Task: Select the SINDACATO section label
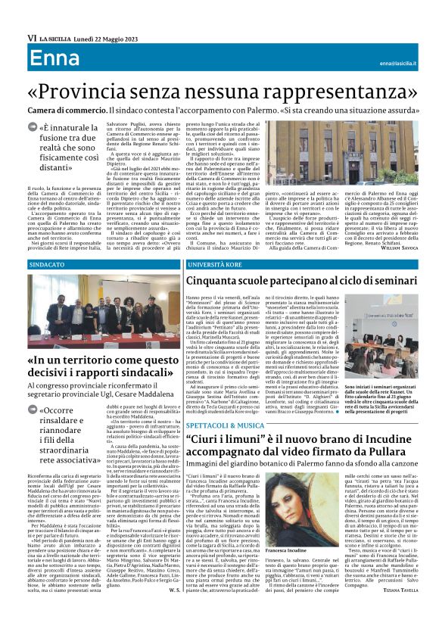48,266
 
